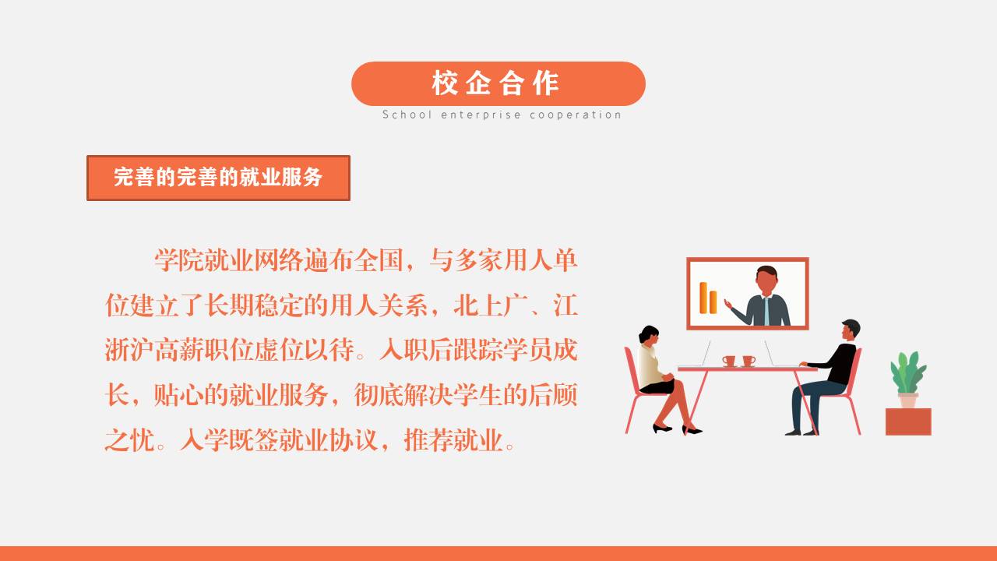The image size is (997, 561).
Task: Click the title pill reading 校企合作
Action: [x=498, y=83]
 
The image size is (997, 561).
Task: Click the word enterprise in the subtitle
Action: [x=481, y=115]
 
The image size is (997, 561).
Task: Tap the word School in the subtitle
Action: [x=407, y=115]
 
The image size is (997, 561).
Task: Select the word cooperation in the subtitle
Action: [x=576, y=115]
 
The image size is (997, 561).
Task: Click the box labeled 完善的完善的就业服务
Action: [x=219, y=178]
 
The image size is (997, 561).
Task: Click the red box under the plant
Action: [x=908, y=422]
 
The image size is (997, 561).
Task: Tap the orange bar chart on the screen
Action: [x=708, y=298]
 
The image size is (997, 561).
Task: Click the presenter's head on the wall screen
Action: [x=766, y=280]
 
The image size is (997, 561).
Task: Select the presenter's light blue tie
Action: [x=766, y=311]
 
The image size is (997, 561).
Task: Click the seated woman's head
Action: [x=650, y=335]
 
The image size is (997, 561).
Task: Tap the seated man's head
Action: [x=851, y=330]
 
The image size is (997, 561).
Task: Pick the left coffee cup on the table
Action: [x=728, y=361]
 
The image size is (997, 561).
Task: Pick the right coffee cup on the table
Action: [x=749, y=361]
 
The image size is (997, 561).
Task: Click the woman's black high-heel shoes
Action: [x=677, y=429]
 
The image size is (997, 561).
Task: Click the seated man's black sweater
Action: [x=838, y=363]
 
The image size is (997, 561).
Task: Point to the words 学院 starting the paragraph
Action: [x=179, y=260]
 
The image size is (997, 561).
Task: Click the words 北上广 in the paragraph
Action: [x=491, y=306]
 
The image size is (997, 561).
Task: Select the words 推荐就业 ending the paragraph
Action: [x=453, y=440]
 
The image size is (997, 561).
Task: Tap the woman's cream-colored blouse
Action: [x=650, y=366]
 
